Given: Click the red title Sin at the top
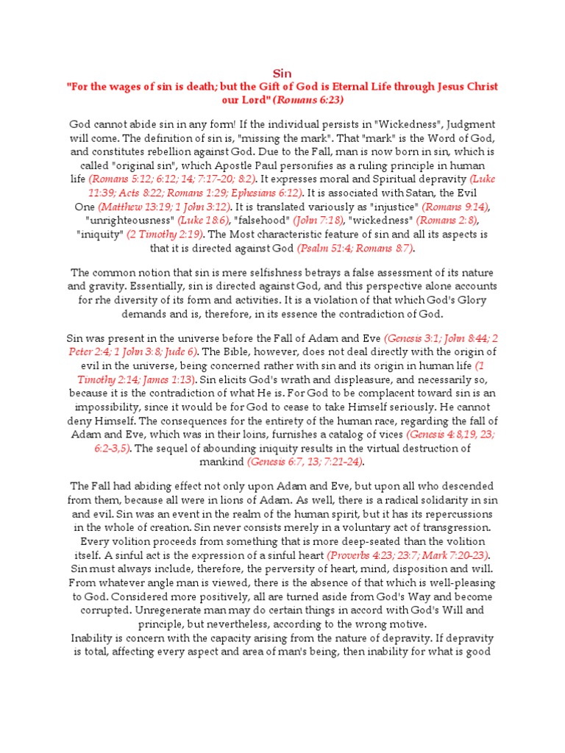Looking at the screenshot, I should [282, 74].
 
